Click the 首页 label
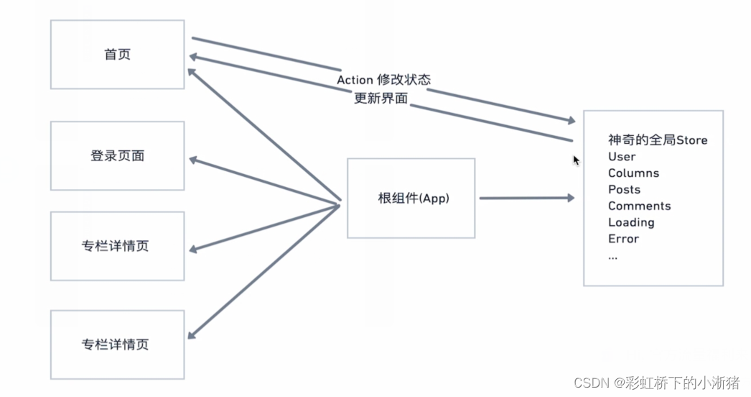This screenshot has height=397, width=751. click(x=117, y=55)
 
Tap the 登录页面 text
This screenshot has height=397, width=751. click(x=117, y=155)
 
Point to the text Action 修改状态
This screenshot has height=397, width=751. click(x=384, y=80)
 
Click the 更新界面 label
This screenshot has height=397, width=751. click(x=381, y=99)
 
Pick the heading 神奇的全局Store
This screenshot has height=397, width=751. click(x=658, y=140)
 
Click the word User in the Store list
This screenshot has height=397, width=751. click(x=622, y=157)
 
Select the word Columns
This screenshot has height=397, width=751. click(x=633, y=173)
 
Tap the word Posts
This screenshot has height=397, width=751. click(x=624, y=190)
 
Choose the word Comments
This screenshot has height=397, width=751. click(x=639, y=206)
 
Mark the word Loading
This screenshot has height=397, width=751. click(x=631, y=223)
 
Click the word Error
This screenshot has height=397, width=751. click(x=623, y=239)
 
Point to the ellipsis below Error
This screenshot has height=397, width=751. click(x=612, y=255)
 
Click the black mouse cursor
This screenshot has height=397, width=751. click(x=576, y=160)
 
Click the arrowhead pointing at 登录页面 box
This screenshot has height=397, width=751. click(x=192, y=160)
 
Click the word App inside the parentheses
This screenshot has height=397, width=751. click(x=435, y=198)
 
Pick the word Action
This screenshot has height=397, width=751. click(x=355, y=80)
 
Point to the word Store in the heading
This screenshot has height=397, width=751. click(x=691, y=140)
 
